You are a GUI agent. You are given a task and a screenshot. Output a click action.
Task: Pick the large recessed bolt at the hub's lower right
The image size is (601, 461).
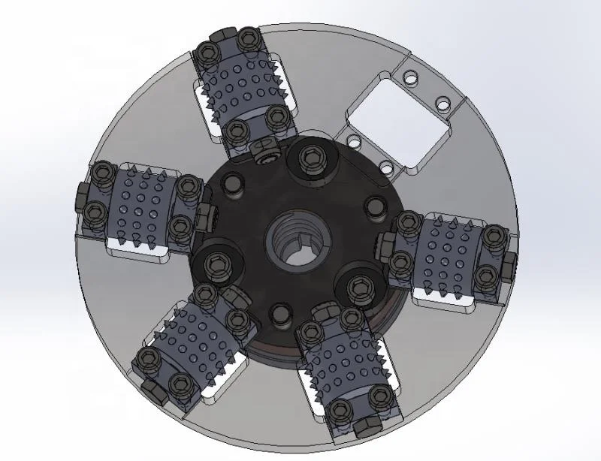(358, 286)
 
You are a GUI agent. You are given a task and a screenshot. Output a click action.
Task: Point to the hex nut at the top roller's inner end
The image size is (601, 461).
(264, 152)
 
